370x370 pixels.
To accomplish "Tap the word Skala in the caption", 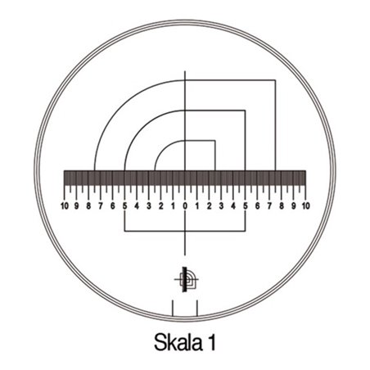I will [x=175, y=337].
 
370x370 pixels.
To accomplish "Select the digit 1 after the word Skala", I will [x=211, y=337].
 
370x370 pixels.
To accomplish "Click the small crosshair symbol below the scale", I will [x=186, y=280].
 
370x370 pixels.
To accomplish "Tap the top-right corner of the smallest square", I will [x=215, y=141].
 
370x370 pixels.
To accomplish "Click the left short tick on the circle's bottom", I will [x=173, y=308].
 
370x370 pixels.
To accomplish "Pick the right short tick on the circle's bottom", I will [x=197, y=308].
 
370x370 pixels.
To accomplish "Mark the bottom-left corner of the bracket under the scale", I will [x=124, y=231].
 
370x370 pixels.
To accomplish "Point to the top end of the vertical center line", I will [x=185, y=71].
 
